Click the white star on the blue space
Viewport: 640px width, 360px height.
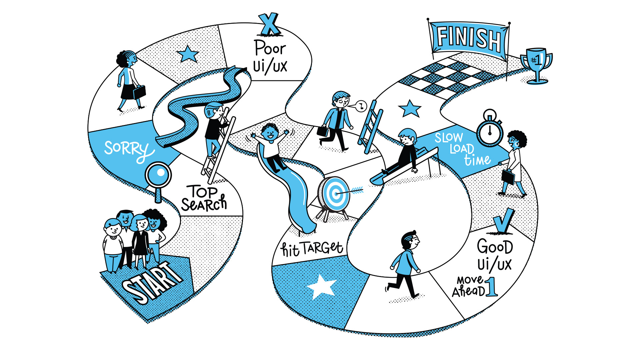[x=321, y=286]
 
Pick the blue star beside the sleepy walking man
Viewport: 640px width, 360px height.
[x=409, y=109]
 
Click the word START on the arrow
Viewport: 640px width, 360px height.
[x=152, y=283]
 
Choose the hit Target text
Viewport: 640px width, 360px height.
[x=312, y=248]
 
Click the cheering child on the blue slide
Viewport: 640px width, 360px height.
[x=271, y=143]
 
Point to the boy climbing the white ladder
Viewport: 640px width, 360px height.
[x=215, y=127]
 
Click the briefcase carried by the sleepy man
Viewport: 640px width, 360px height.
[x=323, y=131]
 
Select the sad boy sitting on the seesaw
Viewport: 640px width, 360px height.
[x=407, y=150]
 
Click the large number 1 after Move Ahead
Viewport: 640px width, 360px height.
[x=492, y=287]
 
